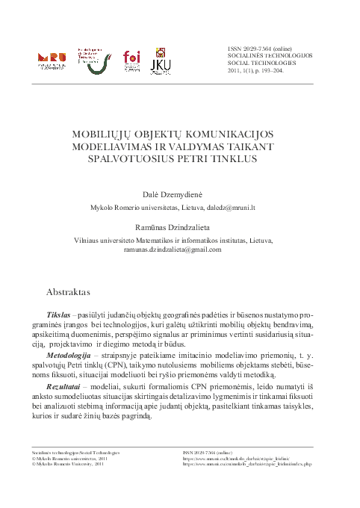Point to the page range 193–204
click(x=266, y=71)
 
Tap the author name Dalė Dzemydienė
click(x=179, y=193)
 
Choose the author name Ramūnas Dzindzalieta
click(x=179, y=226)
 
